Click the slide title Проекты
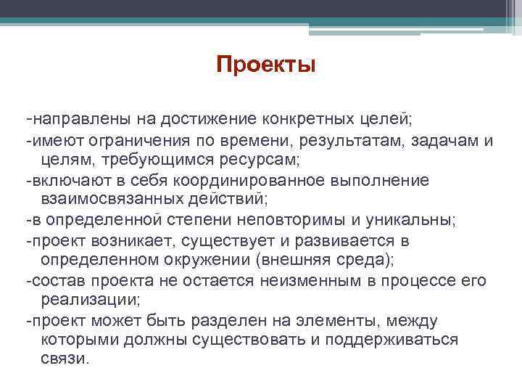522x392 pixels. tap(266, 65)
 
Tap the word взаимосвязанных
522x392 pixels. tap(109, 199)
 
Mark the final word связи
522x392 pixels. tap(65, 359)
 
